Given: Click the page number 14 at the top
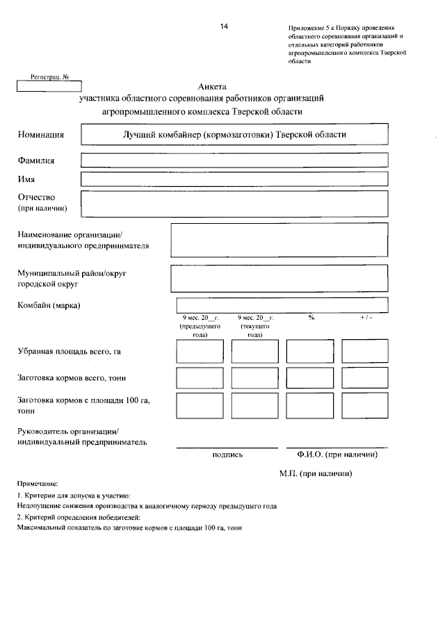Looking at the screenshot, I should tap(224, 26).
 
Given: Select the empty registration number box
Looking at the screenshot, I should tap(49, 88).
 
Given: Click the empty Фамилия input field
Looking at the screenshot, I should tap(234, 160).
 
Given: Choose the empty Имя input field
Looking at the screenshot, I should tap(234, 179).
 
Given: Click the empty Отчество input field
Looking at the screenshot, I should tap(234, 204).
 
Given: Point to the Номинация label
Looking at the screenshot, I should tap(41, 135).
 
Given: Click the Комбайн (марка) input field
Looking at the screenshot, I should tap(282, 305).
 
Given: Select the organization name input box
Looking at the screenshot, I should tap(279, 240).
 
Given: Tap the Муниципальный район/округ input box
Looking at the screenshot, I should tap(279, 279).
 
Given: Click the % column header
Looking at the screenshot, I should tap(311, 318).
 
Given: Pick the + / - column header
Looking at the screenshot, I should tap(366, 318).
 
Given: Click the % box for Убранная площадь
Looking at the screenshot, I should tap(310, 351).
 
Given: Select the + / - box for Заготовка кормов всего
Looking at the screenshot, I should tap(364, 377).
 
